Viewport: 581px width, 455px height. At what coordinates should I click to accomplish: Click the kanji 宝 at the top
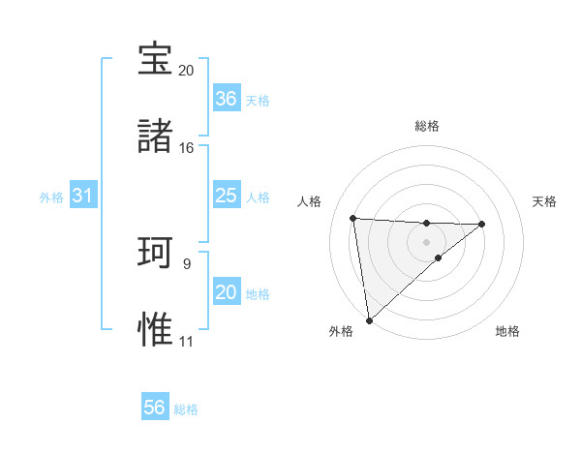pyautogui.click(x=155, y=59)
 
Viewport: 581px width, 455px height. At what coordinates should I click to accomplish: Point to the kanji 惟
pyautogui.click(x=155, y=329)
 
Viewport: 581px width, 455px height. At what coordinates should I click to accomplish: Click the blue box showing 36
pyautogui.click(x=226, y=99)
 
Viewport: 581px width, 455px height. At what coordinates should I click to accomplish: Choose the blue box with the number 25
pyautogui.click(x=226, y=196)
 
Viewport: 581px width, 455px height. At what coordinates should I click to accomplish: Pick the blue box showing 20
pyautogui.click(x=226, y=292)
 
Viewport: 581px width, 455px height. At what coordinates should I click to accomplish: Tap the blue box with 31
pyautogui.click(x=83, y=196)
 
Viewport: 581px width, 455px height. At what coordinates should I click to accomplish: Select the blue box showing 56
pyautogui.click(x=155, y=408)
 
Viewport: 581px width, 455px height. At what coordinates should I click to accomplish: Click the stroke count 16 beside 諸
pyautogui.click(x=186, y=148)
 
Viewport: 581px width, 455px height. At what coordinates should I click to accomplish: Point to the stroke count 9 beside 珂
pyautogui.click(x=186, y=263)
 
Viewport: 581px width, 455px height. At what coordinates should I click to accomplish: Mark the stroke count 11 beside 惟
pyautogui.click(x=186, y=342)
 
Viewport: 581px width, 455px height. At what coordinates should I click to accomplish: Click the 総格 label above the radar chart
pyautogui.click(x=427, y=126)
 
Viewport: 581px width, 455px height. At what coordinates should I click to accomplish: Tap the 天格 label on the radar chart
pyautogui.click(x=544, y=201)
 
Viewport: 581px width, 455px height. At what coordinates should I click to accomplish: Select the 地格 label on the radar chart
pyautogui.click(x=507, y=331)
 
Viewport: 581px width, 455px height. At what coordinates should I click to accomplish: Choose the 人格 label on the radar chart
pyautogui.click(x=310, y=201)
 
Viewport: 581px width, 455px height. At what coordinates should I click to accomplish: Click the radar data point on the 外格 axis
pyautogui.click(x=369, y=319)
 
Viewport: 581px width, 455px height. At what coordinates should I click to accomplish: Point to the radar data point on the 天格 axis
pyautogui.click(x=481, y=224)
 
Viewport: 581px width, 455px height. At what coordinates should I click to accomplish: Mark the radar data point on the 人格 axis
pyautogui.click(x=353, y=218)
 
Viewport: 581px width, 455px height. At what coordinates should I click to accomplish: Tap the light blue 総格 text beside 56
pyautogui.click(x=186, y=409)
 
